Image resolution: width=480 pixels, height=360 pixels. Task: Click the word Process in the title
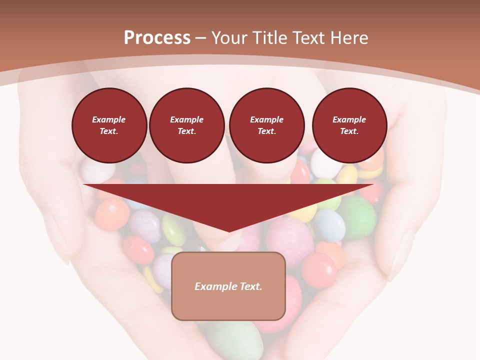point(157,37)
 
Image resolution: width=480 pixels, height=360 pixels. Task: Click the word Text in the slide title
point(307,38)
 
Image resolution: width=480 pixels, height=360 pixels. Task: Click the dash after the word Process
point(201,38)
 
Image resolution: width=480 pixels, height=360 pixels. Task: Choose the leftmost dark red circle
point(109,125)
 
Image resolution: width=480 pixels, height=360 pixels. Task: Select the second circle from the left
point(186,125)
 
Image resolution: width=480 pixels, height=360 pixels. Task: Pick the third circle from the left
point(266,125)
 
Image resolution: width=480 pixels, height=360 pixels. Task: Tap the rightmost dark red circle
point(349,125)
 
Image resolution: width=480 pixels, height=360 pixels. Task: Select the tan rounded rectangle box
point(228,286)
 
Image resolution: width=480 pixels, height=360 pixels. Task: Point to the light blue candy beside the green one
point(329,224)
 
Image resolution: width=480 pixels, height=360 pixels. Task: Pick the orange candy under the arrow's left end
point(112,214)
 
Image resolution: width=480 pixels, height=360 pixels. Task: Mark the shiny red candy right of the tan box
point(319,270)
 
